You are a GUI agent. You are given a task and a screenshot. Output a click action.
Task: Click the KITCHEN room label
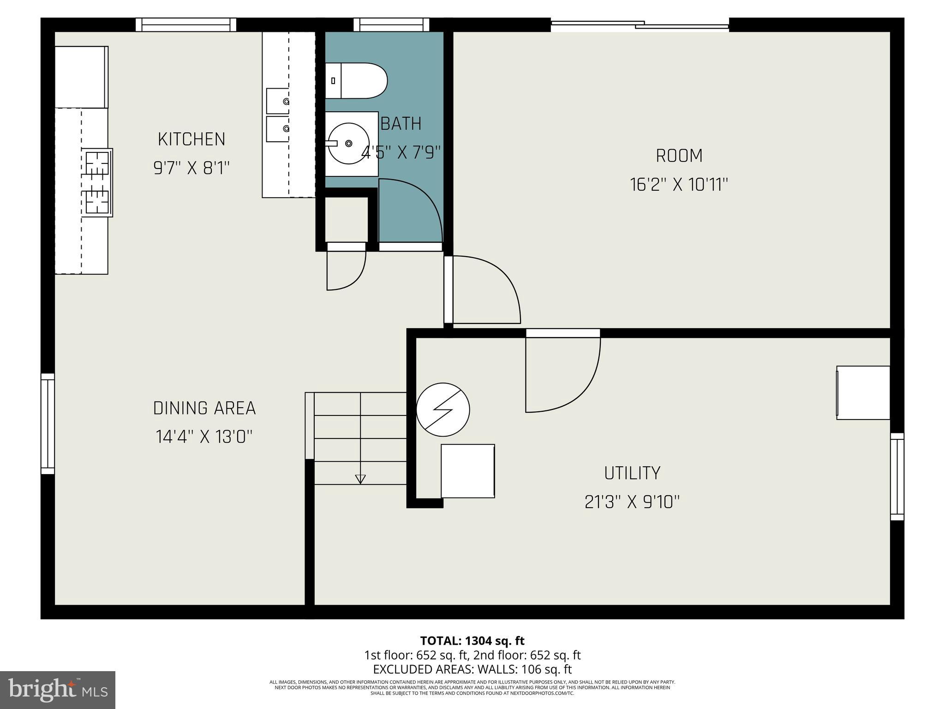(191, 139)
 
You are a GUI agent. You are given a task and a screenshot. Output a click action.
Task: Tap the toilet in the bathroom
(355, 81)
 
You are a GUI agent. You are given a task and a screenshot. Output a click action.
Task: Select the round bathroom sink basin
(349, 143)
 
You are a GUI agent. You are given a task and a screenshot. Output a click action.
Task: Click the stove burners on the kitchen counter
(97, 182)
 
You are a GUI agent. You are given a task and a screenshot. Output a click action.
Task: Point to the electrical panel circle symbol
(443, 409)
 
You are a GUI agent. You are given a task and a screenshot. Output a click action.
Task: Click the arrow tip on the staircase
(360, 480)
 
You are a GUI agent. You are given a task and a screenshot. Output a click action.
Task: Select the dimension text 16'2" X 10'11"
(679, 185)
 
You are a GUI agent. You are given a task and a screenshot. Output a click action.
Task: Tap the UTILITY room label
(632, 473)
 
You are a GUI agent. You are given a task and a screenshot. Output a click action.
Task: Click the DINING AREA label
(204, 408)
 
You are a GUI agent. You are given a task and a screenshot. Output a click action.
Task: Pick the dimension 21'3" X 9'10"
(632, 502)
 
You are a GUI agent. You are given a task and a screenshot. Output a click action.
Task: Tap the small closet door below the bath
(346, 270)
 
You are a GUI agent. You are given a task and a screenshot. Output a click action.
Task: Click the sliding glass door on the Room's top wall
(640, 25)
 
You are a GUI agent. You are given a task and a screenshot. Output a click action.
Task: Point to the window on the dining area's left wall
(48, 423)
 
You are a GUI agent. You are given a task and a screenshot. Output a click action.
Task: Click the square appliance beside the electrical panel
(467, 471)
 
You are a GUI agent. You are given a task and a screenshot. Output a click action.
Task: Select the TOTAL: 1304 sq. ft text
(472, 641)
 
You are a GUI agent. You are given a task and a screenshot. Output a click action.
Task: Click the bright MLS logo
(57, 690)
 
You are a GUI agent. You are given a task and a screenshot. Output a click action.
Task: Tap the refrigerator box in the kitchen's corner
(81, 77)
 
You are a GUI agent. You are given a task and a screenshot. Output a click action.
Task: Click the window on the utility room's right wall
(897, 476)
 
